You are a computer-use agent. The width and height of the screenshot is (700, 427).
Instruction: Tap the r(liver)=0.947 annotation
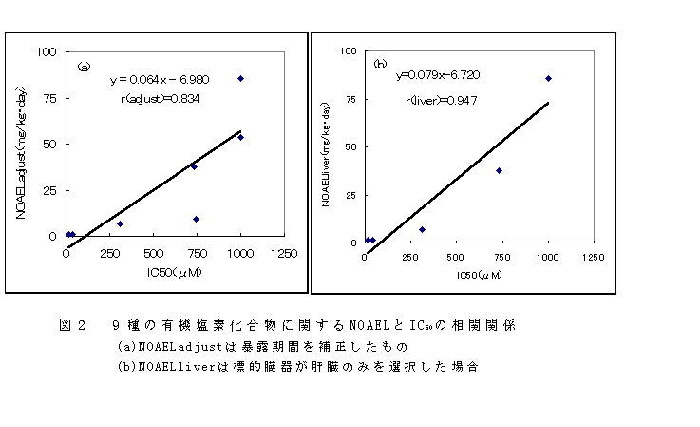tap(441, 101)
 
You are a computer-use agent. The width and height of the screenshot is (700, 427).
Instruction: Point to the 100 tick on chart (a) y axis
tap(47, 51)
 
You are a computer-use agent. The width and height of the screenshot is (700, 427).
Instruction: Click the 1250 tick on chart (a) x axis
tap(284, 254)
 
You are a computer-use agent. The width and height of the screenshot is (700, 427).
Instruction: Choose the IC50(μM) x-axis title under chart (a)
tap(173, 273)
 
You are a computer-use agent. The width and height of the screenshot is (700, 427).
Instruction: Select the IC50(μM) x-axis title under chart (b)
tap(477, 275)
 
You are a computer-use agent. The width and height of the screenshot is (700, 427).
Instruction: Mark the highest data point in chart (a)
tap(241, 78)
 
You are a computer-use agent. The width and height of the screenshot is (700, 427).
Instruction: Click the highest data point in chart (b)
tap(548, 78)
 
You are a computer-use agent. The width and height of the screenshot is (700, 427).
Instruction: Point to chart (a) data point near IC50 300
tap(120, 223)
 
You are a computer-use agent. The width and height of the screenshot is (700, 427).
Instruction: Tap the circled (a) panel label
tap(84, 67)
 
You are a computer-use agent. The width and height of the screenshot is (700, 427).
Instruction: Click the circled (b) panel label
tap(380, 65)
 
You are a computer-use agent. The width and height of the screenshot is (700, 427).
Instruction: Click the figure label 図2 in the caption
tap(73, 324)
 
